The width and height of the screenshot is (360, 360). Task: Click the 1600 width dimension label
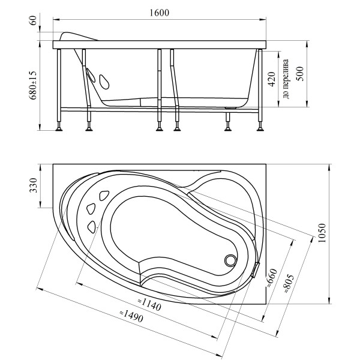159,13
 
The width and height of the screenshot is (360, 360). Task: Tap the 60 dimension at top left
33,20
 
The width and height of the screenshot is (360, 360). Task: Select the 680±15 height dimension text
33,85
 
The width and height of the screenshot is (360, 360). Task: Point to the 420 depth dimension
272,79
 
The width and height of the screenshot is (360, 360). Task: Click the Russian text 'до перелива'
286,79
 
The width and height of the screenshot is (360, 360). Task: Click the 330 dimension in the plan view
33,185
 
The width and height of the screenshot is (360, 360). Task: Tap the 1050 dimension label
322,233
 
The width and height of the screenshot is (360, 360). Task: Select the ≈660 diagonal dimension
272,278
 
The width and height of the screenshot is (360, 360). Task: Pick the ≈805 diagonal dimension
289,283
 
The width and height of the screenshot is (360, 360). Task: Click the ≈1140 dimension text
149,305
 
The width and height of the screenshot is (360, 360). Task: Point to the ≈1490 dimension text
131,316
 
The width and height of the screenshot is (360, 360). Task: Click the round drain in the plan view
230,260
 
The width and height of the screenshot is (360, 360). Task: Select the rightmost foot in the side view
260,127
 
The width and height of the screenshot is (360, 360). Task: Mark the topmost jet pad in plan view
104,196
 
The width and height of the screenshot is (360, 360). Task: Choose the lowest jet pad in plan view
92,227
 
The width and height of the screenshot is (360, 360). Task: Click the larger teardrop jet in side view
104,82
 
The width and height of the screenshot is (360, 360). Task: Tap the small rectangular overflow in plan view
256,270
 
